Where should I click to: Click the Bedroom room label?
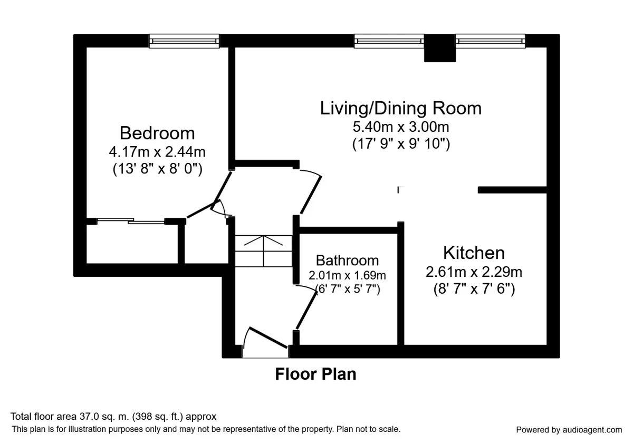click(157, 133)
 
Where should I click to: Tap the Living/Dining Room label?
click(400, 108)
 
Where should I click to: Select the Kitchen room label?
click(474, 253)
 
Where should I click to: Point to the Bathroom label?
click(347, 261)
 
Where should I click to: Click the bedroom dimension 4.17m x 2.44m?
click(157, 152)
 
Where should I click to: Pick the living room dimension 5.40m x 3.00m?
click(401, 127)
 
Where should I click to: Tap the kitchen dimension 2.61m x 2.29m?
click(474, 272)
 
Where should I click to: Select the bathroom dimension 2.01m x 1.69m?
click(347, 275)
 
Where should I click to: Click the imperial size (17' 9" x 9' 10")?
click(401, 144)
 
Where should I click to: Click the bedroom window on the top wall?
click(184, 41)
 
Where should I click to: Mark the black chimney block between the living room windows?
click(440, 48)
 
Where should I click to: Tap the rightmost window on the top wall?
click(490, 41)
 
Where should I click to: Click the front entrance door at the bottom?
click(268, 338)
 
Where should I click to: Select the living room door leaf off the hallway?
click(311, 195)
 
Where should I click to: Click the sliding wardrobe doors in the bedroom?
click(131, 221)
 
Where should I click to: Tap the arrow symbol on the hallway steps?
click(263, 240)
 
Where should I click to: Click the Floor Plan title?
click(315, 374)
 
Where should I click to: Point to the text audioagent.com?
click(592, 430)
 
